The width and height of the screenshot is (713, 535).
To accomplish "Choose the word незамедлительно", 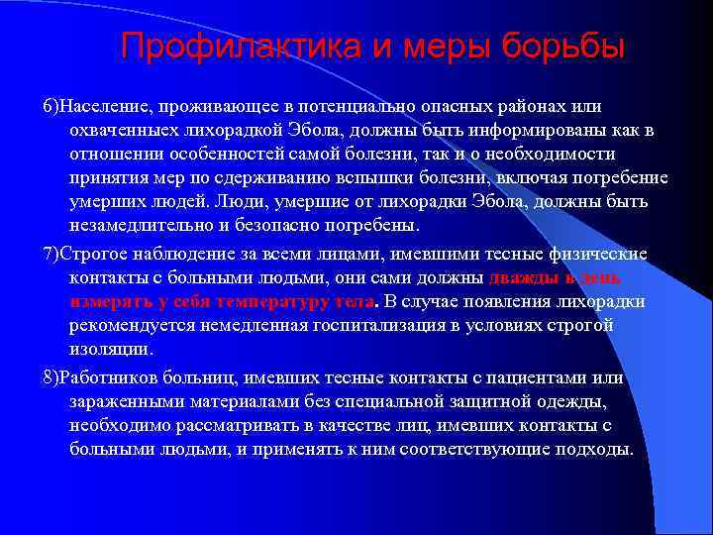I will pos(150,226).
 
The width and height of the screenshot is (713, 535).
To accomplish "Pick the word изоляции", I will pos(111,350).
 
